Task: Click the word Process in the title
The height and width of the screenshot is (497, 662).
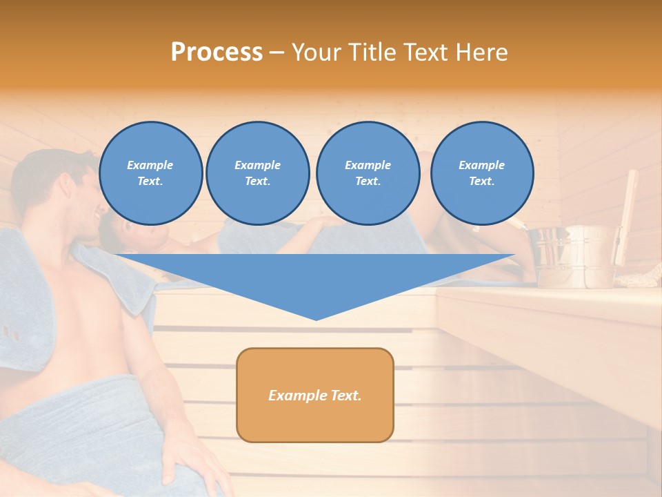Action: pyautogui.click(x=217, y=52)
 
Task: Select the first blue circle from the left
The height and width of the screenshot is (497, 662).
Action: pyautogui.click(x=150, y=173)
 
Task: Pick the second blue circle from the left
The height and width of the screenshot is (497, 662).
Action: pyautogui.click(x=257, y=173)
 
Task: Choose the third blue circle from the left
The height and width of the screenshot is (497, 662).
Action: pyautogui.click(x=368, y=173)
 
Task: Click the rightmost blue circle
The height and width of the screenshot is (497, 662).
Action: pyautogui.click(x=481, y=173)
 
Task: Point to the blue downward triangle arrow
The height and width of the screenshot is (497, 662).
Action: pyautogui.click(x=315, y=276)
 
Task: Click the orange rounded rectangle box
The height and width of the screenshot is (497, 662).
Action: pyautogui.click(x=315, y=395)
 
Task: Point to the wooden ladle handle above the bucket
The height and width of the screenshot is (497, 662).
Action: pyautogui.click(x=629, y=207)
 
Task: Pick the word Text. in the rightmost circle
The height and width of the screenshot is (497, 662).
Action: pyautogui.click(x=481, y=181)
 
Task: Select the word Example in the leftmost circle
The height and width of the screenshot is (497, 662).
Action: pyautogui.click(x=150, y=165)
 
